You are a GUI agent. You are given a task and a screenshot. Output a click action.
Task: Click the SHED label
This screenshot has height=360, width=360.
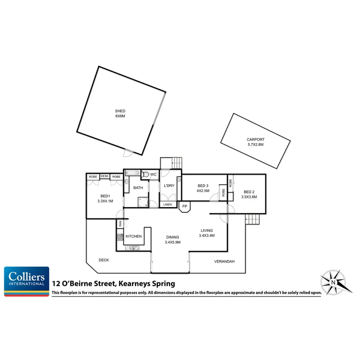click(x=120, y=111)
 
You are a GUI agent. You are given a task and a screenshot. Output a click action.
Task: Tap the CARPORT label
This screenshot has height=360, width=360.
click(x=255, y=140)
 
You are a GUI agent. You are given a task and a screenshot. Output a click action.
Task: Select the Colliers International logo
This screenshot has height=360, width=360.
click(x=27, y=281)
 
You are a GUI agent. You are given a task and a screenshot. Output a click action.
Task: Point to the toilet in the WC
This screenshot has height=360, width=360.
click(x=145, y=175)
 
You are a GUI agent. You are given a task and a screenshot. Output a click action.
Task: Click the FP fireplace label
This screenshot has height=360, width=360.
click(x=185, y=207)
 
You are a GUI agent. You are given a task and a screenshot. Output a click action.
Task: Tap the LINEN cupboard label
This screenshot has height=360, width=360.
click(x=168, y=204)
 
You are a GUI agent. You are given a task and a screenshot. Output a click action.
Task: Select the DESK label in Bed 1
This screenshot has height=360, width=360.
click(x=104, y=177)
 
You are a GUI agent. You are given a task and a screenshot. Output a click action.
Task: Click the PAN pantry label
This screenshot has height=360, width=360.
click(x=120, y=223)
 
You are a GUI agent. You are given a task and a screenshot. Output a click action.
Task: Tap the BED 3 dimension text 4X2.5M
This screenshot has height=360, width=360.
click(x=203, y=190)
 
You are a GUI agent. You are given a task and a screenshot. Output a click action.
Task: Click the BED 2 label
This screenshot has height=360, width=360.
click(x=249, y=192)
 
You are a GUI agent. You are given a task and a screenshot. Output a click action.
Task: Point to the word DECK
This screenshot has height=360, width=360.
click(x=104, y=260)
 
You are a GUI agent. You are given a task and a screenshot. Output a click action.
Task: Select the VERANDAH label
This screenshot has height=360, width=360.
click(x=224, y=262)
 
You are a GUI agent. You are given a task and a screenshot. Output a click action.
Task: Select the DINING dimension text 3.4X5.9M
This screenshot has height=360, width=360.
click(x=173, y=242)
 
